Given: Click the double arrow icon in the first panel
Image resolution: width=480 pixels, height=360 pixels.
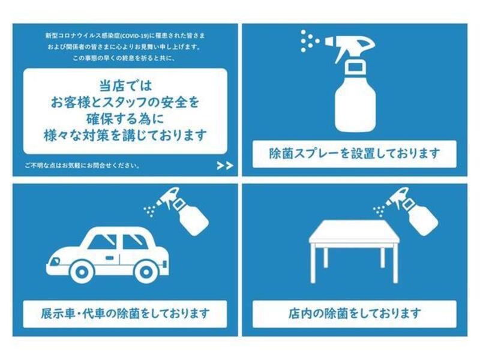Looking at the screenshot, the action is coord(225,166).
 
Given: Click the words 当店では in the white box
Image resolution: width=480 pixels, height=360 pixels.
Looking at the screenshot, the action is coord(125,86).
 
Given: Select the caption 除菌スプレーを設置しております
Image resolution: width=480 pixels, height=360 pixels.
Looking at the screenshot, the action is coord(355,154).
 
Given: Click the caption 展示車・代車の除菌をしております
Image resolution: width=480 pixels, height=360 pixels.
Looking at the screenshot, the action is coord(125,313).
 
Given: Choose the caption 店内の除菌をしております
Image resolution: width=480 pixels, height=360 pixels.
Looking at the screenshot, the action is coord(355,313).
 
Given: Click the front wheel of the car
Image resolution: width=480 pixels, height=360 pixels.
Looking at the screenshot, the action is coord(81,271).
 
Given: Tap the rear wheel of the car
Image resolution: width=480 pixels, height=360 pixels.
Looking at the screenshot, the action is coord(146,271).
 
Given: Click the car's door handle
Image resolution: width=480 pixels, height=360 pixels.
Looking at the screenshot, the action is coord(109,258).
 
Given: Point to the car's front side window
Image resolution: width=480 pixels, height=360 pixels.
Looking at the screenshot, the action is coord(102,242).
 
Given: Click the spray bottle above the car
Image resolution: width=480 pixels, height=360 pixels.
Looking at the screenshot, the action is coord(183,211).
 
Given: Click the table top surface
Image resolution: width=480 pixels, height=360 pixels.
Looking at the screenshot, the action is coord(355,232).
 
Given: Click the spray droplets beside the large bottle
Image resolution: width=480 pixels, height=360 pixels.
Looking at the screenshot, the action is coord(310,41).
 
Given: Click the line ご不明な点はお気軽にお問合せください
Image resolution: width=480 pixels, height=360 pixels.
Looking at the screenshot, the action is coord(83,166).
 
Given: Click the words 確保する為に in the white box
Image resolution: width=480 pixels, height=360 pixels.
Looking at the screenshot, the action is coord(125,119).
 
